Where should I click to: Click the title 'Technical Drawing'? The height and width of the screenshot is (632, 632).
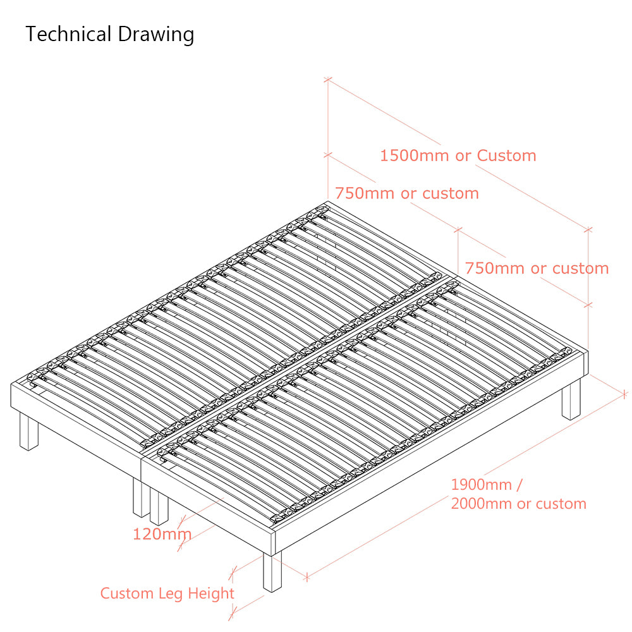pyautogui.click(x=109, y=35)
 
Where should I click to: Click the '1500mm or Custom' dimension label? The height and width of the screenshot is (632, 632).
pyautogui.click(x=458, y=155)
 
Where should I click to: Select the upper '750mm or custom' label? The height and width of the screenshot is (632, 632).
pyautogui.click(x=406, y=193)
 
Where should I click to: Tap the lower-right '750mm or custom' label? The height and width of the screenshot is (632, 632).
pyautogui.click(x=537, y=269)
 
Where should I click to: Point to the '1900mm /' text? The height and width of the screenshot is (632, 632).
pyautogui.click(x=487, y=485)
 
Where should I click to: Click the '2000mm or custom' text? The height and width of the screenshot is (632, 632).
pyautogui.click(x=518, y=504)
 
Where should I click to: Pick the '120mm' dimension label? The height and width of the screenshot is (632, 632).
pyautogui.click(x=162, y=535)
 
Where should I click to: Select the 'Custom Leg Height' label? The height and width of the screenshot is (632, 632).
pyautogui.click(x=167, y=593)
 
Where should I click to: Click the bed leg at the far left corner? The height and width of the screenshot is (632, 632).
pyautogui.click(x=28, y=431)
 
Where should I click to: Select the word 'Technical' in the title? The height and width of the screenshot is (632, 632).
pyautogui.click(x=68, y=34)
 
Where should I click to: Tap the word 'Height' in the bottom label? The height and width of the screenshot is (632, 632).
pyautogui.click(x=211, y=594)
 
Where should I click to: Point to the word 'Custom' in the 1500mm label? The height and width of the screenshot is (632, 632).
pyautogui.click(x=506, y=155)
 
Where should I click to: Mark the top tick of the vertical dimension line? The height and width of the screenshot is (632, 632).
pyautogui.click(x=328, y=80)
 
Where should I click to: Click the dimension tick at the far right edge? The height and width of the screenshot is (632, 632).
pyautogui.click(x=624, y=394)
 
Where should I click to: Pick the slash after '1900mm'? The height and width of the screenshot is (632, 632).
pyautogui.click(x=520, y=485)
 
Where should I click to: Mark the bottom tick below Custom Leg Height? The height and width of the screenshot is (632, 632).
pyautogui.click(x=232, y=616)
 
